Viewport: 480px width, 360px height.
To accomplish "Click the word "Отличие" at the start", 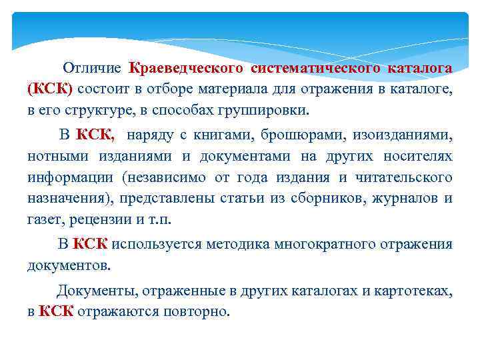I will [92, 68].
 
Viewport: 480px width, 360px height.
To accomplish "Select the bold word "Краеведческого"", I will [187, 68].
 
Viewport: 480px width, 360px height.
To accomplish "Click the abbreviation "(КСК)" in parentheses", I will [50, 89].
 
